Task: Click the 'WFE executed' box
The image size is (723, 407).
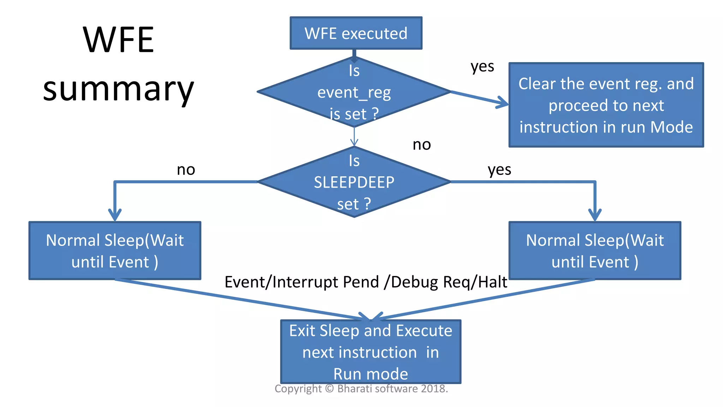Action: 356,33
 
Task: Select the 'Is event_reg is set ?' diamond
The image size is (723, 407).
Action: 354,92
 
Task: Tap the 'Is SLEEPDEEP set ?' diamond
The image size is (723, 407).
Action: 354,182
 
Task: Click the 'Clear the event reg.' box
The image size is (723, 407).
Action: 606,105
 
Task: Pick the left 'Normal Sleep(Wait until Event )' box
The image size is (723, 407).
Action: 115,251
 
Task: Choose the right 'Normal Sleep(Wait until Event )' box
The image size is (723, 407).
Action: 595,251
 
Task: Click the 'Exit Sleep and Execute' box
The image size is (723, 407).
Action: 371,352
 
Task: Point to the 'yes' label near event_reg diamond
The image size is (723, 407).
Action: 482,66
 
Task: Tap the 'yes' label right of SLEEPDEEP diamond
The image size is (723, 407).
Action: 499,170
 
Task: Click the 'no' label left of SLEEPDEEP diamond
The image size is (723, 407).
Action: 186,170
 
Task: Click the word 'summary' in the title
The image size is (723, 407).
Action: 118,90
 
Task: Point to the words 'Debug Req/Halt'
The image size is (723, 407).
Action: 449,282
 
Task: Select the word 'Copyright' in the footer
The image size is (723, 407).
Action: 298,389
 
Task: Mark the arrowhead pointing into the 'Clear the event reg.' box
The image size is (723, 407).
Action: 503,103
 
